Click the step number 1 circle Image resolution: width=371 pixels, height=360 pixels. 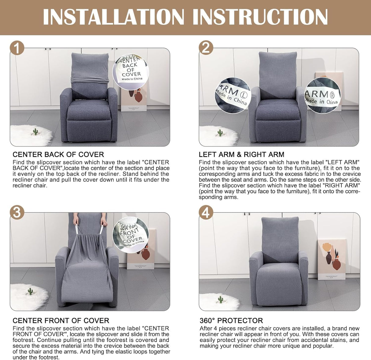pyautogui.click(x=17, y=48)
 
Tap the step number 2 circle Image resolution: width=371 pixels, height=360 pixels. pyautogui.click(x=206, y=48)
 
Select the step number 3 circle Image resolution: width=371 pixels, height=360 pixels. pyautogui.click(x=17, y=212)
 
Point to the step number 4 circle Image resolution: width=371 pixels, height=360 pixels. pyautogui.click(x=206, y=212)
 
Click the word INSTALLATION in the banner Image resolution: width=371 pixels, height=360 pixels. pyautogui.click(x=113, y=17)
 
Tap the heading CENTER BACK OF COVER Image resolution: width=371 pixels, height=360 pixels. pyautogui.click(x=58, y=155)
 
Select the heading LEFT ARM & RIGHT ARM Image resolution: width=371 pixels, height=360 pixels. pyautogui.click(x=241, y=155)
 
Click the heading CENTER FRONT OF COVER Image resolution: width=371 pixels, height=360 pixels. pyautogui.click(x=61, y=321)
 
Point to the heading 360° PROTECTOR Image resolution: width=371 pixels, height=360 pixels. pyautogui.click(x=231, y=321)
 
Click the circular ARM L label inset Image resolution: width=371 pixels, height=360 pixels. pyautogui.click(x=233, y=95)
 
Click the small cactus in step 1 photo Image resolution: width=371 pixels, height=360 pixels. pyautogui.click(x=36, y=132)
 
